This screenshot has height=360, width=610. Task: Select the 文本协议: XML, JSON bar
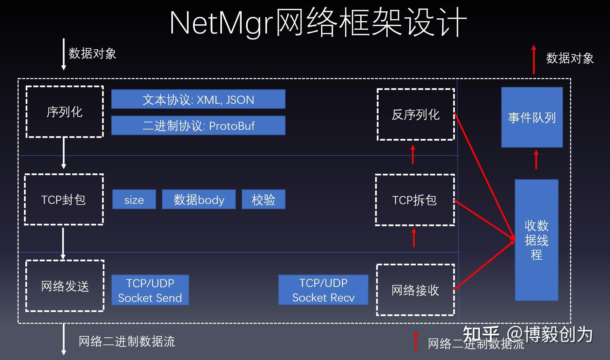[x=198, y=99]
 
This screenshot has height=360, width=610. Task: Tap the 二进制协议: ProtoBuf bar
[x=198, y=125]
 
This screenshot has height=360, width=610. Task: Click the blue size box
[x=134, y=199]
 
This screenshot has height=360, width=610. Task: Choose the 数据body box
[x=199, y=199]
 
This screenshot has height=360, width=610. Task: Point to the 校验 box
[x=264, y=199]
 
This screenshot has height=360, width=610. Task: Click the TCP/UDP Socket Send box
[x=150, y=290]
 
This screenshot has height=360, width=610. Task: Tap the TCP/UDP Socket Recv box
[x=323, y=290]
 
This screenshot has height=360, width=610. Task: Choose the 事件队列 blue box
[x=532, y=117]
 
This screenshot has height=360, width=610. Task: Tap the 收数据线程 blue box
[x=536, y=240]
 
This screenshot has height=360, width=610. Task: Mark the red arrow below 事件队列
[x=536, y=160]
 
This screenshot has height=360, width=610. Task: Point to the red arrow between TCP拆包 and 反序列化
[x=413, y=154]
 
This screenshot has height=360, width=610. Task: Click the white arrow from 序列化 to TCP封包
[x=64, y=153]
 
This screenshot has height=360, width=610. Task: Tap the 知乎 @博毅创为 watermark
[x=528, y=334]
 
